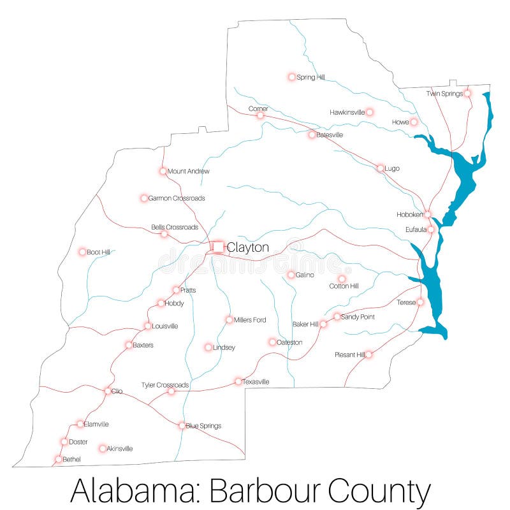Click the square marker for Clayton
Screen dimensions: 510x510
coord(218,247)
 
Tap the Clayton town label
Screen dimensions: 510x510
coord(248,247)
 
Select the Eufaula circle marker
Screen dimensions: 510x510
coord(431,229)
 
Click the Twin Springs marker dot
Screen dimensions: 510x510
coord(467,93)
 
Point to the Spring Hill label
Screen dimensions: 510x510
coord(311,77)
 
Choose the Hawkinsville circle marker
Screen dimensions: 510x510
coord(370,112)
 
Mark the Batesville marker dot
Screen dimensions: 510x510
coord(312,135)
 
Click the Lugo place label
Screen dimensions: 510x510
coord(392,168)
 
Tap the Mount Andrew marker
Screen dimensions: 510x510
coord(163,171)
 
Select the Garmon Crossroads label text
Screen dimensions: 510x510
coord(177,198)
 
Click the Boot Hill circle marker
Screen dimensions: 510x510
coord(82,252)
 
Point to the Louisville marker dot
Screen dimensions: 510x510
coord(148,326)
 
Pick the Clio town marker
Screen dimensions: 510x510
coord(108,391)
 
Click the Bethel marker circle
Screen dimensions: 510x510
coord(59,459)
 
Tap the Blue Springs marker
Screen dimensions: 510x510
coord(182,425)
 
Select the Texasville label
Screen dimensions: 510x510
coord(256,382)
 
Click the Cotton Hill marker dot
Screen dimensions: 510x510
coord(342,279)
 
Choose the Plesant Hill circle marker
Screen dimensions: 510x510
coord(368,354)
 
